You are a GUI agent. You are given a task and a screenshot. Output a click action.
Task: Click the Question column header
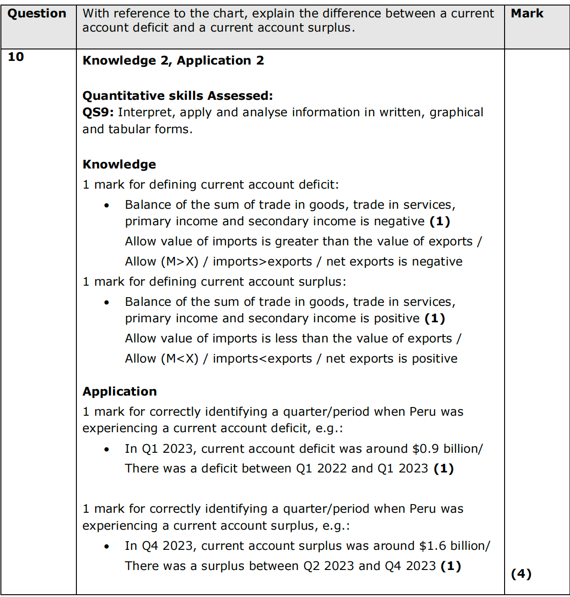coord(37,14)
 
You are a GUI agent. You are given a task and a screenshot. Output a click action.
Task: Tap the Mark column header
coord(527,14)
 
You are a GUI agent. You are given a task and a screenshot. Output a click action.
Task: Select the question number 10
coord(16,57)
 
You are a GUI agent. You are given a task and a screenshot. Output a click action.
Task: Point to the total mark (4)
coord(521,574)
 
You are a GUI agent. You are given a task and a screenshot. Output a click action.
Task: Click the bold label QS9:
coord(98,113)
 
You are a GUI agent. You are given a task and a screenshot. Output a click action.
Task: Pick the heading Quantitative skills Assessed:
coord(177,96)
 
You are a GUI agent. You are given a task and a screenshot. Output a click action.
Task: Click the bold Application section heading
coord(119,391)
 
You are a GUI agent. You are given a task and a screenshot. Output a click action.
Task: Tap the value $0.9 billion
coord(445,449)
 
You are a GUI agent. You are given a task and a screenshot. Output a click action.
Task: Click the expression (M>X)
coord(180,261)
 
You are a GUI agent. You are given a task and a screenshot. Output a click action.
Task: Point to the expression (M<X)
coord(180,358)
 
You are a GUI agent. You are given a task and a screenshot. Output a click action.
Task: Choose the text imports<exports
coord(262,358)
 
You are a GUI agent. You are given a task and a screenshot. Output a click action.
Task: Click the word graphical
coord(456,113)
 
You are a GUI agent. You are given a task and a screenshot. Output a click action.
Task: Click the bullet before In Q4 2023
coord(107,546)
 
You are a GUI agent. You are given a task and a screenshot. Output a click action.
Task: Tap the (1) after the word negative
coord(440,221)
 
